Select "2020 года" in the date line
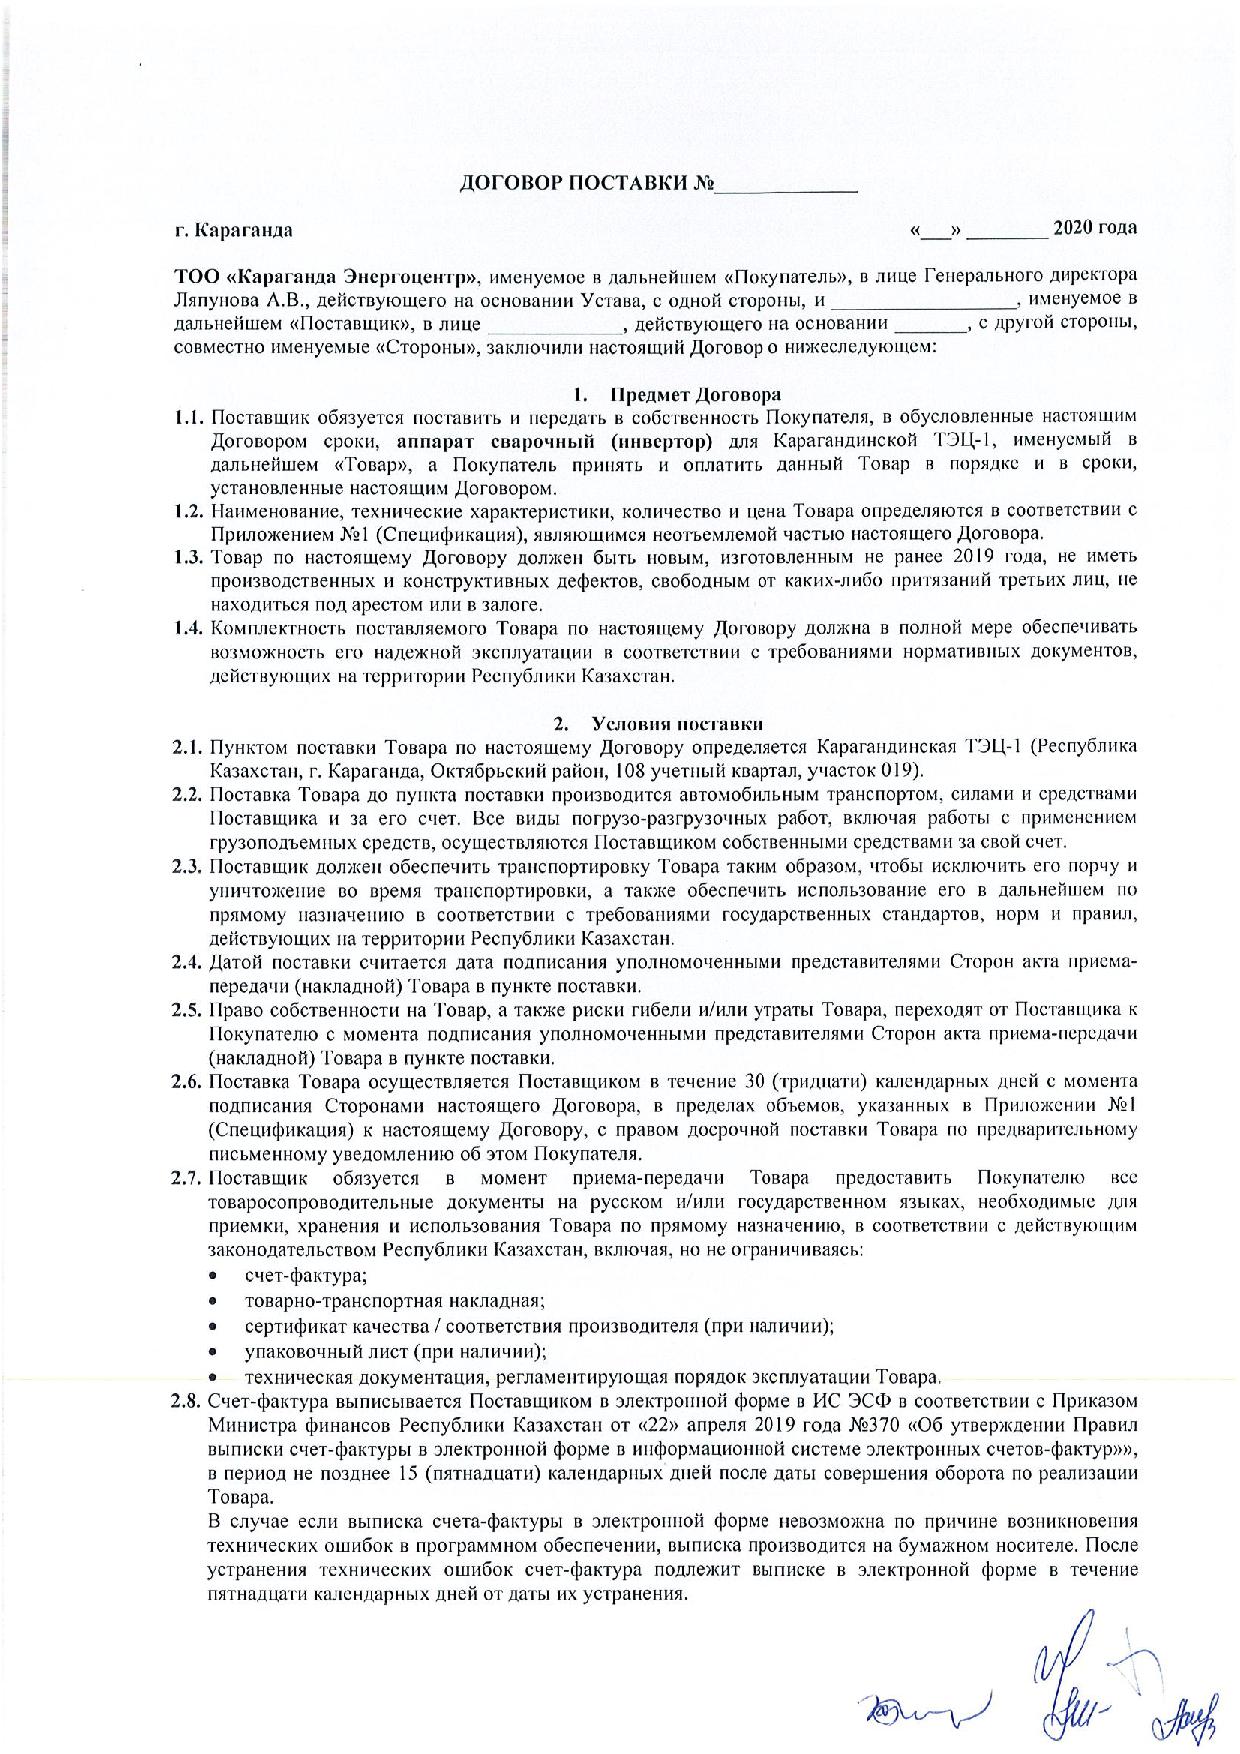1094,228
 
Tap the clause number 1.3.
187,556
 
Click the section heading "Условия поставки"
678,723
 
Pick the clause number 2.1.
187,747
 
